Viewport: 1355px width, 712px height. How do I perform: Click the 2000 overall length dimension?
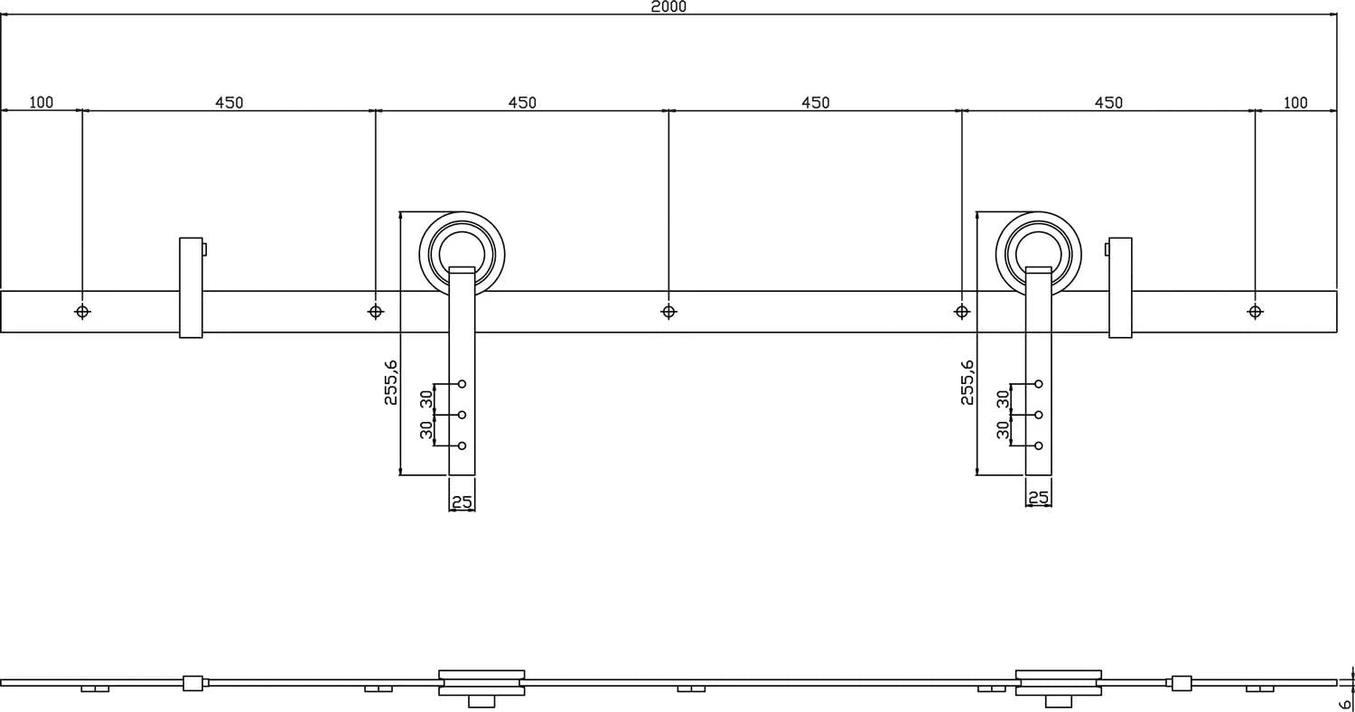[x=668, y=7]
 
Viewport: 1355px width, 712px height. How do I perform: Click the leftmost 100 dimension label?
[x=42, y=102]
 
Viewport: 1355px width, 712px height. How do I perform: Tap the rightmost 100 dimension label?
[x=1294, y=102]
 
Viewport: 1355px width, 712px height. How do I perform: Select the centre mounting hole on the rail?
[x=668, y=312]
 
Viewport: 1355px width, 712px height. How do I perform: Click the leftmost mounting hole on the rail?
[x=82, y=312]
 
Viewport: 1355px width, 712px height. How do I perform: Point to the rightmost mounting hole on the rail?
[x=1255, y=312]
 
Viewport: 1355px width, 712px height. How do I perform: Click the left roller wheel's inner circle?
[x=462, y=248]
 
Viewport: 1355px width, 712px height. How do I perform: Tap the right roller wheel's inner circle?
[x=1039, y=248]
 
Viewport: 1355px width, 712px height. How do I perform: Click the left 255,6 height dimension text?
[x=391, y=382]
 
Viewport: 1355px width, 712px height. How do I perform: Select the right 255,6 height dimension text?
[x=967, y=382]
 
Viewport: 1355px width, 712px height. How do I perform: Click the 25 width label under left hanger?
[x=462, y=502]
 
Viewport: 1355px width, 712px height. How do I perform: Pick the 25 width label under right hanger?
[x=1039, y=498]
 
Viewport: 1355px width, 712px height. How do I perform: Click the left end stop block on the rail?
[x=191, y=287]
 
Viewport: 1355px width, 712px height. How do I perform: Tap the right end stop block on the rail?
[x=1120, y=287]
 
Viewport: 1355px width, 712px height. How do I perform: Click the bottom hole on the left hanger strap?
[x=462, y=445]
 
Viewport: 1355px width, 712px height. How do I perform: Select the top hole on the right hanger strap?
[x=1039, y=384]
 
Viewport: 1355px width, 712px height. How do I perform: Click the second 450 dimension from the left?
[x=522, y=102]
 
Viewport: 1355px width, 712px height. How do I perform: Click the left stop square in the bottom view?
[x=192, y=683]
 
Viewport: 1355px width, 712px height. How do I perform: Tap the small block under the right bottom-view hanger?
[x=1058, y=701]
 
